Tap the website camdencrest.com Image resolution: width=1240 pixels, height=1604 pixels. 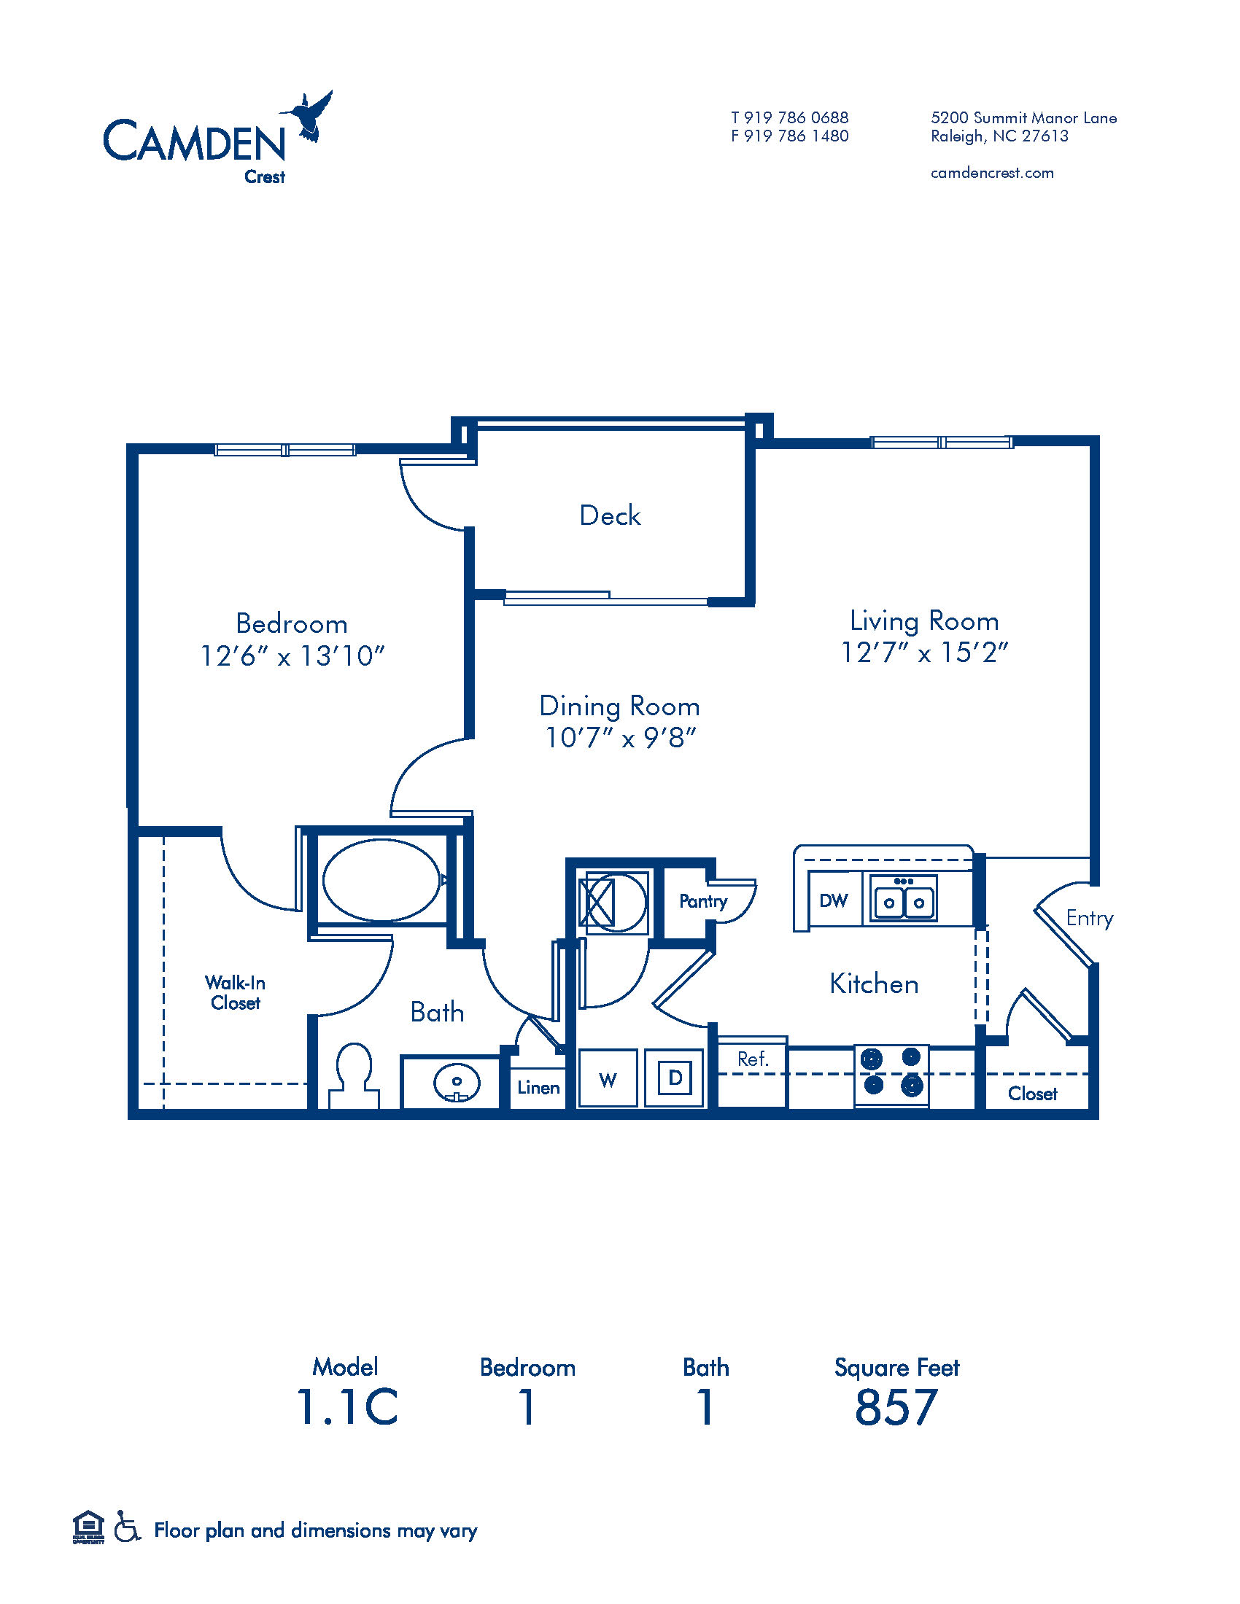point(992,173)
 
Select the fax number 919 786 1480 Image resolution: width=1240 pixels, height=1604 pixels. point(797,136)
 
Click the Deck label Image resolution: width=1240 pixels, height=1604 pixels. point(610,515)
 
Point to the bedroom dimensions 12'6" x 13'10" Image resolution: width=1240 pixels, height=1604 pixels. point(292,655)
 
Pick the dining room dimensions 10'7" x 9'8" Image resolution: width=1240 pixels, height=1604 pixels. point(619,737)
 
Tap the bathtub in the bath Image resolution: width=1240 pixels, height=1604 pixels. point(381,880)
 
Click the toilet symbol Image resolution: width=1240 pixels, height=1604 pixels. point(353,1077)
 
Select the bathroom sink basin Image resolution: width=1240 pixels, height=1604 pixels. point(456,1082)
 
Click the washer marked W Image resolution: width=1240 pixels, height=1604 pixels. point(608,1078)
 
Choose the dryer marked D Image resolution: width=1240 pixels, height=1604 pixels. point(675,1078)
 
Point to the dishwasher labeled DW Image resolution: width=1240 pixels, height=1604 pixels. point(834,900)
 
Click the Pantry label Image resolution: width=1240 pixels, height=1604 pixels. point(703,901)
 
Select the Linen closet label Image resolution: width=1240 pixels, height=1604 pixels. point(538,1088)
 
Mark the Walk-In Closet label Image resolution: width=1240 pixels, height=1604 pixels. point(235,993)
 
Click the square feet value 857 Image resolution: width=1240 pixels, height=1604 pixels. point(896,1407)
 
